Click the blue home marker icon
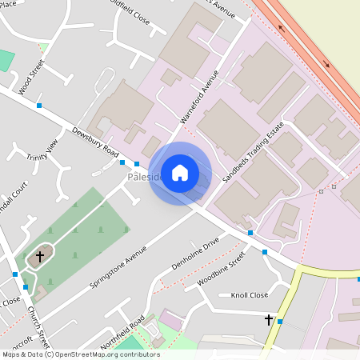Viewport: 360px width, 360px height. [180, 173]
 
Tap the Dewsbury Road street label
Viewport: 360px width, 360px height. [95, 142]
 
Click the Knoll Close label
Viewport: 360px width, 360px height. [249, 295]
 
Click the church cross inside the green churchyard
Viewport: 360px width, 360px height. [40, 257]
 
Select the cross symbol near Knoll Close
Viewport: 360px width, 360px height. [269, 319]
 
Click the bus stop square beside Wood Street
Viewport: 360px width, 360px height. [38, 106]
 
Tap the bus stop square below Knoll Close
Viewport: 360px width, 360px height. [280, 322]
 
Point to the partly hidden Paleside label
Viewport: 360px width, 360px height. [144, 177]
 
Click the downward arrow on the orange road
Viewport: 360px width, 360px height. [326, 64]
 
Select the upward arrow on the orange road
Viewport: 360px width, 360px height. [282, 28]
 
